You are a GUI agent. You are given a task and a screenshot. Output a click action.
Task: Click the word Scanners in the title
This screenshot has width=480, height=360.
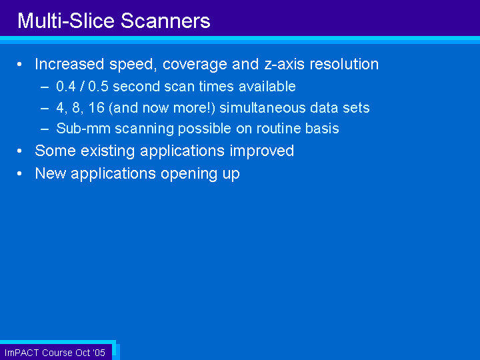(165, 21)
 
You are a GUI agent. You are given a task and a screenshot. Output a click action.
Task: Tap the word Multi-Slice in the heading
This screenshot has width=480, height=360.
(66, 21)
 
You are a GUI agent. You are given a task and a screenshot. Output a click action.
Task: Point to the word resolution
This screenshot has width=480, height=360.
(344, 64)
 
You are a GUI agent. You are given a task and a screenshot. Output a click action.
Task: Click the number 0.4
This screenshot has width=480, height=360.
(66, 86)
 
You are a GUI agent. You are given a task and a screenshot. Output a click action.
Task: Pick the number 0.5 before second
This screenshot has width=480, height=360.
(98, 86)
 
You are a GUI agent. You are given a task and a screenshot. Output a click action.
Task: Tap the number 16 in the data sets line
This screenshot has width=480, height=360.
(97, 108)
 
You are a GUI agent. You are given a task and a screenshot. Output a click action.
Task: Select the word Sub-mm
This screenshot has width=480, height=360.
(83, 128)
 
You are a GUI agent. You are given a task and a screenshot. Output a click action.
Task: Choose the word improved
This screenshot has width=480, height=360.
(262, 151)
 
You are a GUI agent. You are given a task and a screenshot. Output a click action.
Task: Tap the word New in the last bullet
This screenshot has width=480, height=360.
(51, 173)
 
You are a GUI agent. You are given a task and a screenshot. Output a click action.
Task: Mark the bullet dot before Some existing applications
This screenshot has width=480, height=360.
(19, 151)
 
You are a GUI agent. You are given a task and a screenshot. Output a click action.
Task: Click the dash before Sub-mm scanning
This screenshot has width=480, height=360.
(45, 129)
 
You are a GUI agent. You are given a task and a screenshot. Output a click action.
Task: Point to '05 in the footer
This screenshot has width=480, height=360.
(99, 353)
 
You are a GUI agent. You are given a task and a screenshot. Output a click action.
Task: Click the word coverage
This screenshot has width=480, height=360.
(195, 64)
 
